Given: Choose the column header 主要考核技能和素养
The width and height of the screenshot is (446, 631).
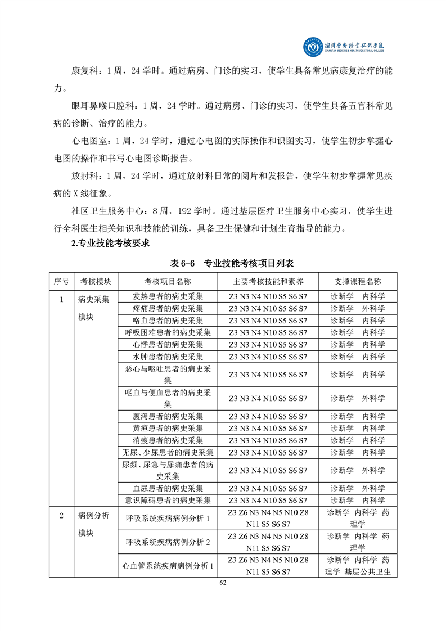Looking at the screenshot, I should coord(268,282).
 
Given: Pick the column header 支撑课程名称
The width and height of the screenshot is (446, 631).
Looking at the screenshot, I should coord(358,282).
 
